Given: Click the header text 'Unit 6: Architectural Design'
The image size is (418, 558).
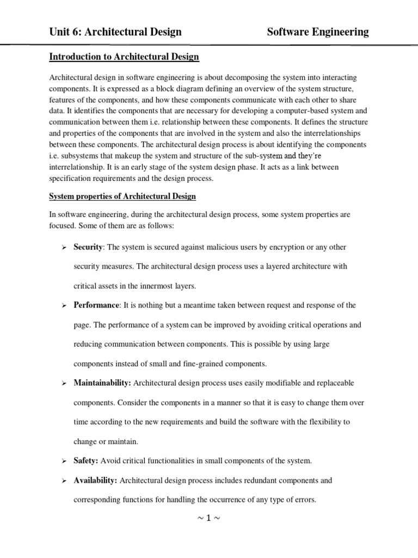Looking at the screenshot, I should (x=115, y=32).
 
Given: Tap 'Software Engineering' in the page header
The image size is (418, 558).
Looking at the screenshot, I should (x=318, y=32).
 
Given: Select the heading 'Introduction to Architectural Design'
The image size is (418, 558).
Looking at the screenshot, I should (x=124, y=57).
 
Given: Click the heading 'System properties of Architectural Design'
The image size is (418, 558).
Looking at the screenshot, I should (x=122, y=196).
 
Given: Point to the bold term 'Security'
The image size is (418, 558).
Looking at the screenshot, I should (x=88, y=247).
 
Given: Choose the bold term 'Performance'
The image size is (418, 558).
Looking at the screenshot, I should (x=96, y=305).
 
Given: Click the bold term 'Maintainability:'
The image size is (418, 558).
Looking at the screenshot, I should (x=102, y=383).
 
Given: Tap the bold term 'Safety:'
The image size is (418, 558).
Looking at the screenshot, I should (x=85, y=461).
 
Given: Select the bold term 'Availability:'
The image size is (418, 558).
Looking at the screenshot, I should (x=95, y=481).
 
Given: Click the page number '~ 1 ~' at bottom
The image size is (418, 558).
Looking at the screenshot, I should (x=208, y=518).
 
